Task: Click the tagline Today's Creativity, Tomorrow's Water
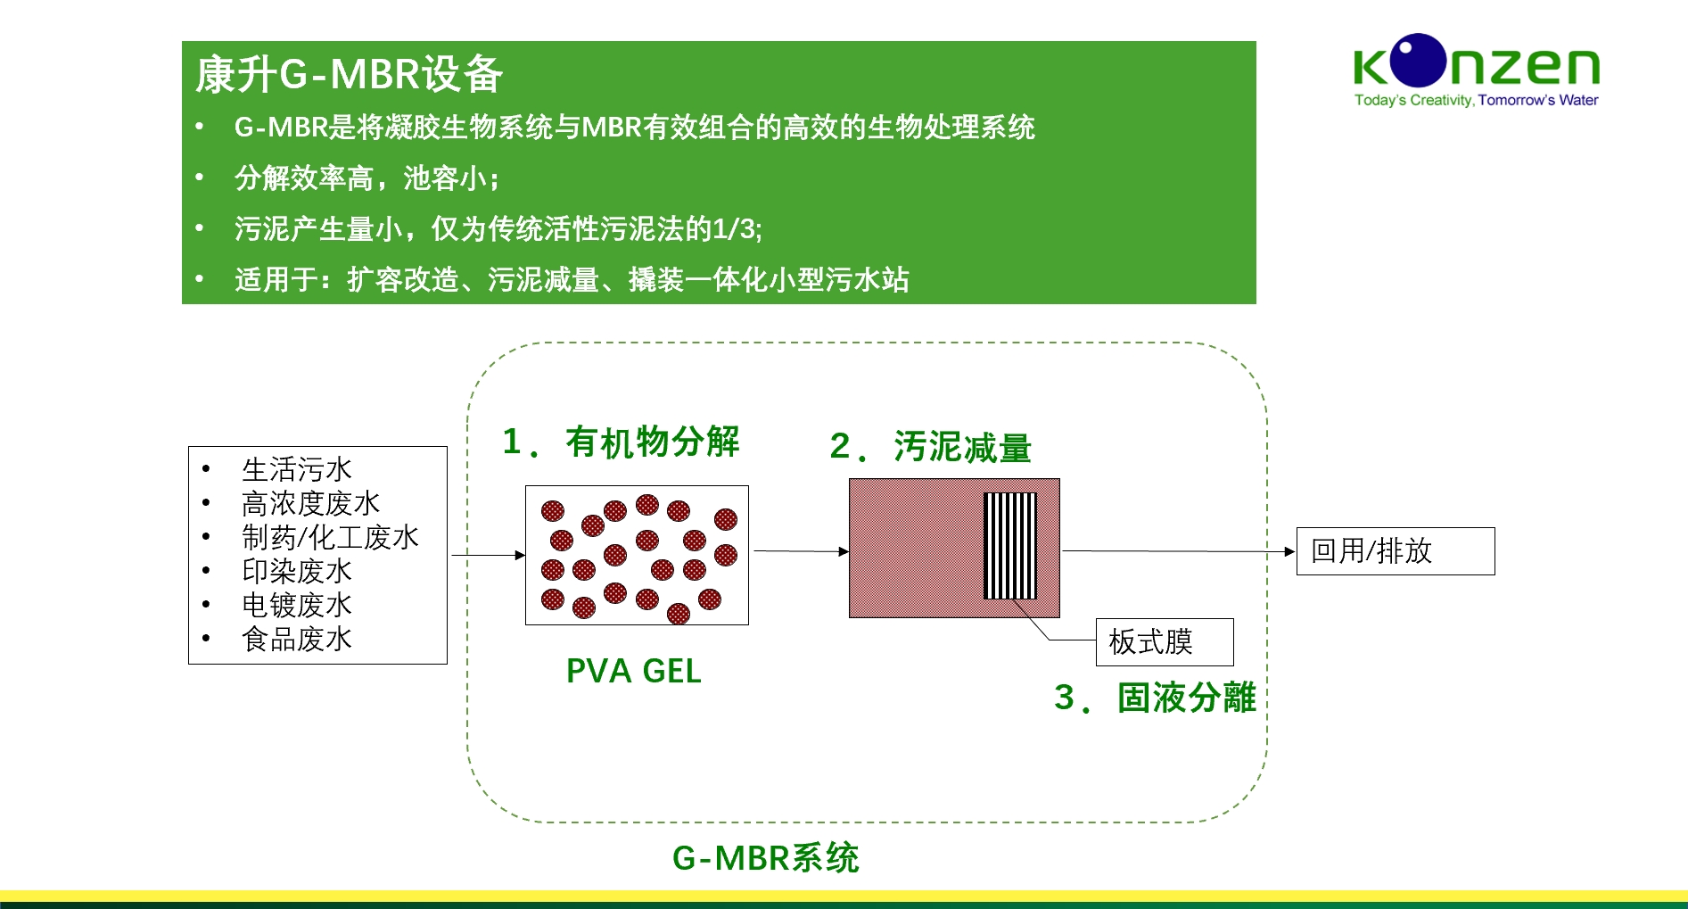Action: pyautogui.click(x=1476, y=100)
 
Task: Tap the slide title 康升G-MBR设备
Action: pyautogui.click(x=349, y=74)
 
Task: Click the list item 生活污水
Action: pyautogui.click(x=297, y=469)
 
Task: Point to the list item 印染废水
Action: pyautogui.click(x=297, y=571)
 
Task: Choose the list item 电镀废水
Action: pyautogui.click(x=297, y=605)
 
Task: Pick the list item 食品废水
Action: pyautogui.click(x=297, y=639)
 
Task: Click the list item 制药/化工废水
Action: pyautogui.click(x=330, y=537)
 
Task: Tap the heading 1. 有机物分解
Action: pyautogui.click(x=621, y=442)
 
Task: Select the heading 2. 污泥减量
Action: pyautogui.click(x=930, y=447)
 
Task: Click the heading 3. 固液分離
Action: pyautogui.click(x=1155, y=698)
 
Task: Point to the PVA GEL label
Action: pyautogui.click(x=633, y=671)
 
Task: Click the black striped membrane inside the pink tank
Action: pyautogui.click(x=1009, y=545)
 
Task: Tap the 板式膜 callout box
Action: pyautogui.click(x=1164, y=641)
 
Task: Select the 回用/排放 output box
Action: pyautogui.click(x=1395, y=550)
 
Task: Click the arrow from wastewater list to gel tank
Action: pyautogui.click(x=487, y=555)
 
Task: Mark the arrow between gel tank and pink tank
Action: pyautogui.click(x=800, y=551)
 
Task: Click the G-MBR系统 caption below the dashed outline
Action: pyautogui.click(x=765, y=857)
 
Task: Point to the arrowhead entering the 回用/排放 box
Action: pyautogui.click(x=1289, y=551)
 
